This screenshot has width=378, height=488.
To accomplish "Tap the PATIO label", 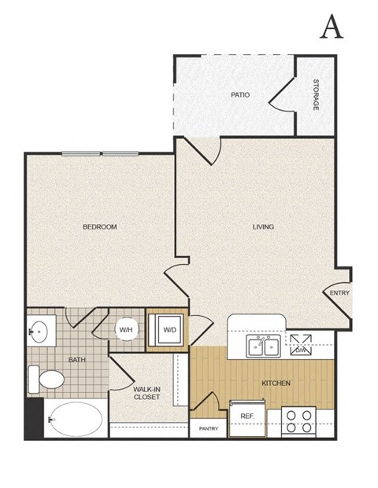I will (x=240, y=95).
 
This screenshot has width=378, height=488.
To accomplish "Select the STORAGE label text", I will (x=315, y=94).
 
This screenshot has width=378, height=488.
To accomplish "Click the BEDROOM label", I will (x=100, y=227).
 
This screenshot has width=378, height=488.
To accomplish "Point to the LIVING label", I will (x=263, y=227).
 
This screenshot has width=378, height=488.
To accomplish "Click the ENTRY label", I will (x=339, y=293).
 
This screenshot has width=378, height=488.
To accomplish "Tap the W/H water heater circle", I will (x=126, y=330).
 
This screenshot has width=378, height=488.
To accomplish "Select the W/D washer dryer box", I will (x=169, y=330).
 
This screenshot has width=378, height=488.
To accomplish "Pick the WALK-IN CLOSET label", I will (x=146, y=393).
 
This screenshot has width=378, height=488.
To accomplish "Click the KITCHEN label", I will (x=276, y=383).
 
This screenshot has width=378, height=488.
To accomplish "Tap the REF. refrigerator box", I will (x=246, y=416).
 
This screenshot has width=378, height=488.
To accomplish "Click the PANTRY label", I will (x=208, y=429).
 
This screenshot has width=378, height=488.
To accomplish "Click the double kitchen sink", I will (x=261, y=346).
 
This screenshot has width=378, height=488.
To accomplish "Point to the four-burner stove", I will (x=299, y=422).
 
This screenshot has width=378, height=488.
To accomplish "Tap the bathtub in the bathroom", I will (x=70, y=420).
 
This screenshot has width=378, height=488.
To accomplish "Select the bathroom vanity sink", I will (x=38, y=332).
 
